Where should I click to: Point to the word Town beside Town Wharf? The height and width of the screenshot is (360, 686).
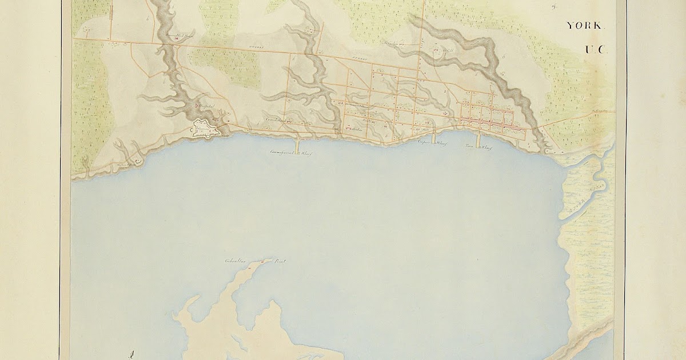point(469,147)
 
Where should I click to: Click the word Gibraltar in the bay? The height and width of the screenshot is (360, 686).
point(234,262)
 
